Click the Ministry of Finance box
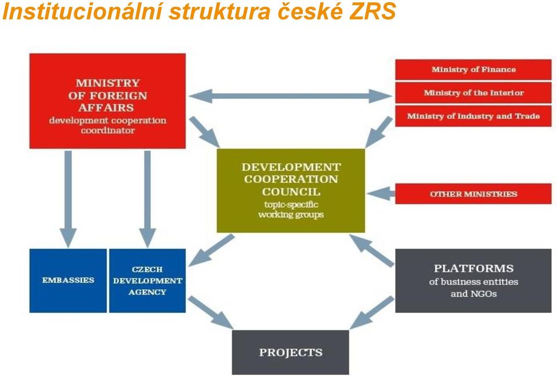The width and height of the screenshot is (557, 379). [473, 70]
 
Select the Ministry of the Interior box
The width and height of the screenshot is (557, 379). [473, 93]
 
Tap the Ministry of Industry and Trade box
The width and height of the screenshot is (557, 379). [473, 116]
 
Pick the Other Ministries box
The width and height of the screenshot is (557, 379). [473, 194]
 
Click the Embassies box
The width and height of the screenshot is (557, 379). [68, 280]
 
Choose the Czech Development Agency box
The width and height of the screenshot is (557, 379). [147, 280]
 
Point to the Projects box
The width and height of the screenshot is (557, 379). [291, 352]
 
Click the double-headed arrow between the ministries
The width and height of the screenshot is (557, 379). [291, 96]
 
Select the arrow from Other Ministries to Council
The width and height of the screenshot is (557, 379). [381, 194]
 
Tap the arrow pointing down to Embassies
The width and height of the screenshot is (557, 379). [68, 199]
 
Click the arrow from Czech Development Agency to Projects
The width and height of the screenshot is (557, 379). [210, 312]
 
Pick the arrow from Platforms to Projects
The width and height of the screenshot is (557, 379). [372, 312]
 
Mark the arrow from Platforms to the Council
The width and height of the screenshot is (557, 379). [372, 250]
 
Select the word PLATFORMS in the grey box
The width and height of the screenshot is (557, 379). [473, 268]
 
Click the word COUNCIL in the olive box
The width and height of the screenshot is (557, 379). [291, 192]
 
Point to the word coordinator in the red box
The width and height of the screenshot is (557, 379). [108, 130]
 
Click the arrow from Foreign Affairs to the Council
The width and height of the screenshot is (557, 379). [204, 132]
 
